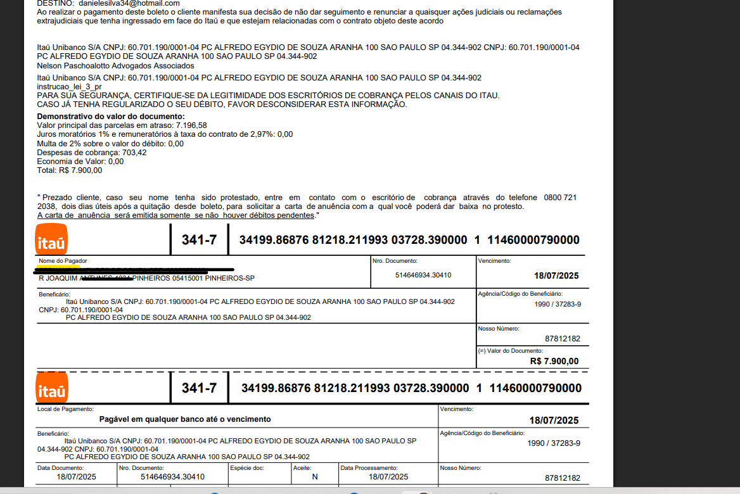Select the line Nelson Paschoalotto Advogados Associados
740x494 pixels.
tap(115, 65)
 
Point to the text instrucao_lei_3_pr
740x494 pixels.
tap(70, 86)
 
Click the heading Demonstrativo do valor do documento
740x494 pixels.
tap(111, 117)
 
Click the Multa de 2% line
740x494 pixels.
tap(110, 144)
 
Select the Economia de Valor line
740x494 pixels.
tap(80, 161)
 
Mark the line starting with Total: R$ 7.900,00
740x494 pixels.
tap(70, 170)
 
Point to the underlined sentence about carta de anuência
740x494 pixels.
tap(176, 215)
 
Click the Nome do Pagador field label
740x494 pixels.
tap(63, 261)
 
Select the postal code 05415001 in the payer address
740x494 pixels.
tap(188, 279)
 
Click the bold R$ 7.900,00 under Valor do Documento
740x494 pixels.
tap(554, 361)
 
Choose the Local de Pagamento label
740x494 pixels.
tap(65, 409)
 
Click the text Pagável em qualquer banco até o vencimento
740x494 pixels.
tap(185, 419)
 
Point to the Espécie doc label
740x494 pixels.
tap(246, 468)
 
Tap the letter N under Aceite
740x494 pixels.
tap(314, 477)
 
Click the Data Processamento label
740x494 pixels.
tap(369, 468)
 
